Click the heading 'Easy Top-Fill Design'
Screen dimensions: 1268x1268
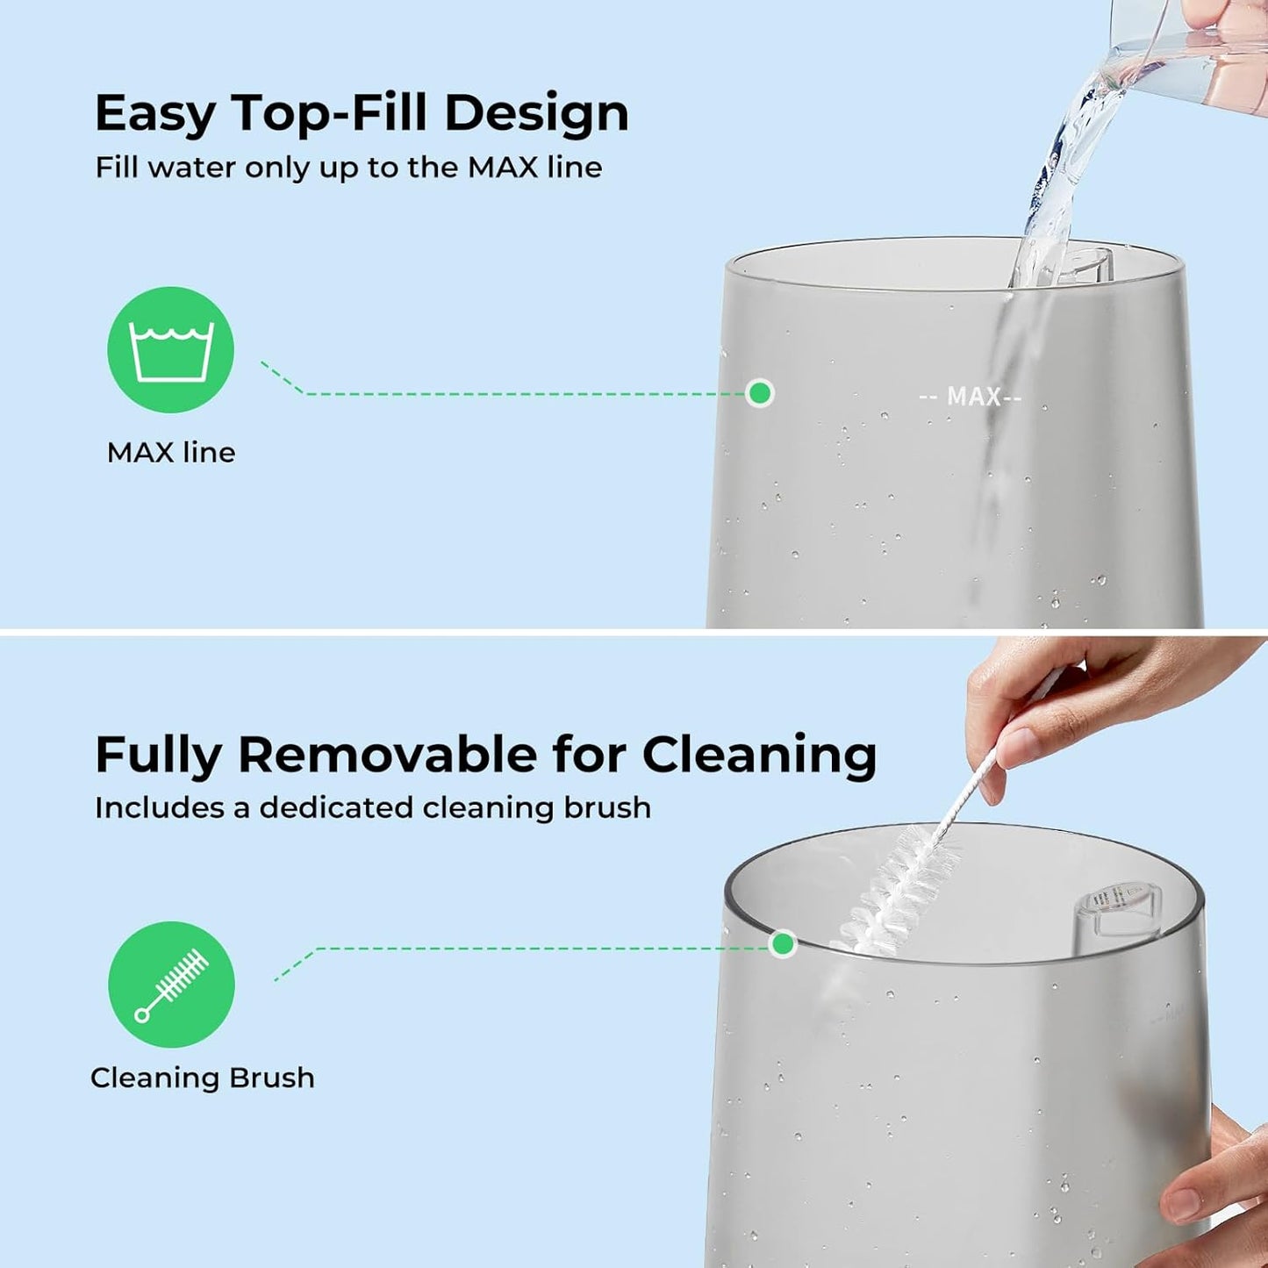click(x=362, y=113)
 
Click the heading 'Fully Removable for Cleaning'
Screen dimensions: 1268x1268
click(x=485, y=755)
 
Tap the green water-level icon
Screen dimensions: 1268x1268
click(x=171, y=349)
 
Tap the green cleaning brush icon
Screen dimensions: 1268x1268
click(x=171, y=984)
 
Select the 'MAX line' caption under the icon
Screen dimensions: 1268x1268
click(x=171, y=453)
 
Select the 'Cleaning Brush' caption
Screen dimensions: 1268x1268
click(x=203, y=1078)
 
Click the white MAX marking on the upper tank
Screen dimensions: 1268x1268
click(x=971, y=398)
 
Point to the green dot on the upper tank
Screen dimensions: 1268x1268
click(x=760, y=393)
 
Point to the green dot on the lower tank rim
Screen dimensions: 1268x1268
click(x=782, y=944)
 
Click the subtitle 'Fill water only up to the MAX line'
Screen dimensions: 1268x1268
click(x=348, y=168)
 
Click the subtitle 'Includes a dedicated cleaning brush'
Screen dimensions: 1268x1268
click(x=373, y=808)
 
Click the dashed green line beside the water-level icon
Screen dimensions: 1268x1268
click(x=518, y=394)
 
